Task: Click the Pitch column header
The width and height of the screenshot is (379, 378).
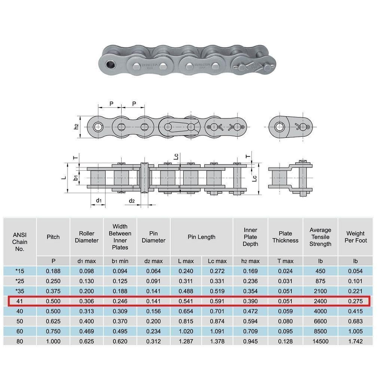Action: pos(53,237)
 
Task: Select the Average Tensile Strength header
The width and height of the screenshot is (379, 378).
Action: pos(320,237)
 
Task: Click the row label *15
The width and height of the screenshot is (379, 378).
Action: pos(20,271)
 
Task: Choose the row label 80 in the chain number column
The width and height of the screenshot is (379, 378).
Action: pos(20,341)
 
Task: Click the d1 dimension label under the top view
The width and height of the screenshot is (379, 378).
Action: pos(99,201)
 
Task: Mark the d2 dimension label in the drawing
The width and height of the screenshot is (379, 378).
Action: pos(132,201)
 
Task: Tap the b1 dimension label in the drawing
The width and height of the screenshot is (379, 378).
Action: pos(75,178)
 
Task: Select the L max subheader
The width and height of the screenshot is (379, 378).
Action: pos(186,261)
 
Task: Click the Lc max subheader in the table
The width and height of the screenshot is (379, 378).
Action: pos(217,261)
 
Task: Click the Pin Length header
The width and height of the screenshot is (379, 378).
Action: pos(201,237)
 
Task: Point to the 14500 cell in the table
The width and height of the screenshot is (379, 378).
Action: pos(320,341)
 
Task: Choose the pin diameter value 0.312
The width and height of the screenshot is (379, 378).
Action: pos(153,341)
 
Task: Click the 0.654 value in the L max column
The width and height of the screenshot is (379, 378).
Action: pos(186,311)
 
